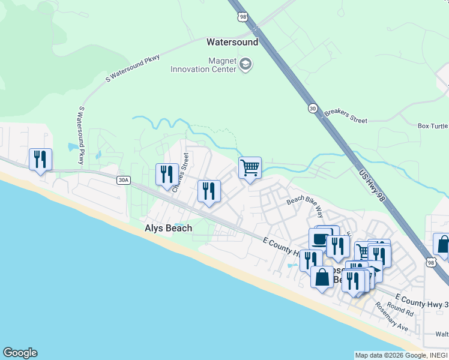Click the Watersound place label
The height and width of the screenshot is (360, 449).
(232, 43)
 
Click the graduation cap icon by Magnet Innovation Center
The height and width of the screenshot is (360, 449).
(246, 64)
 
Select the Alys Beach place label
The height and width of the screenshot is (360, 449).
(169, 228)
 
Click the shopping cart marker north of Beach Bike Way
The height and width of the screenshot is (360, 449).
(250, 168)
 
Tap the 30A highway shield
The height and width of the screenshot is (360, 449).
(124, 179)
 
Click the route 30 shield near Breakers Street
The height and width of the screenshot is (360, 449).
(313, 108)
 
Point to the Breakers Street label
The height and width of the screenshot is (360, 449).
(345, 116)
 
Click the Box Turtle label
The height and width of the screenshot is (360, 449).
(433, 126)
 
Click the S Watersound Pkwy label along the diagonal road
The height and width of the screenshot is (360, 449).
(133, 68)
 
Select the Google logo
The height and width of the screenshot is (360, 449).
(20, 353)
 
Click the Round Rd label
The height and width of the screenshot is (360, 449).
(400, 309)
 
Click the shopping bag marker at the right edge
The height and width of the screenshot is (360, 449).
(442, 245)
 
